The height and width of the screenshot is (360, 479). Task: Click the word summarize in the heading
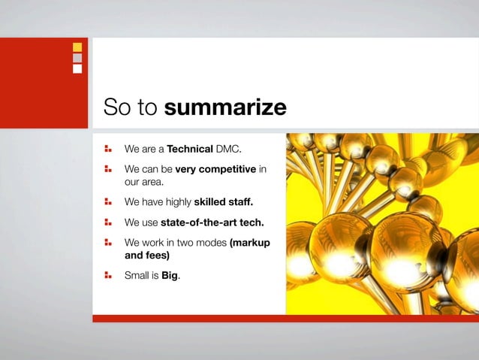(x=225, y=107)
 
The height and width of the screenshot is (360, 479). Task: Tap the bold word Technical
(x=191, y=149)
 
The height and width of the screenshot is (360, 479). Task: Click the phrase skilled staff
(x=224, y=201)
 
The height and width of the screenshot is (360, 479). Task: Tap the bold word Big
(x=170, y=276)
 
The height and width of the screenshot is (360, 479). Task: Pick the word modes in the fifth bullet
(x=211, y=244)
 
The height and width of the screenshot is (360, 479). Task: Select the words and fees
(x=147, y=256)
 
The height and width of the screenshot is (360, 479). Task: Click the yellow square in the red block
(x=77, y=47)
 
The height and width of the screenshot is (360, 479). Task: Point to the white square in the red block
(x=77, y=68)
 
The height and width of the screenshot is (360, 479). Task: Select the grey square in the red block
(x=77, y=58)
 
